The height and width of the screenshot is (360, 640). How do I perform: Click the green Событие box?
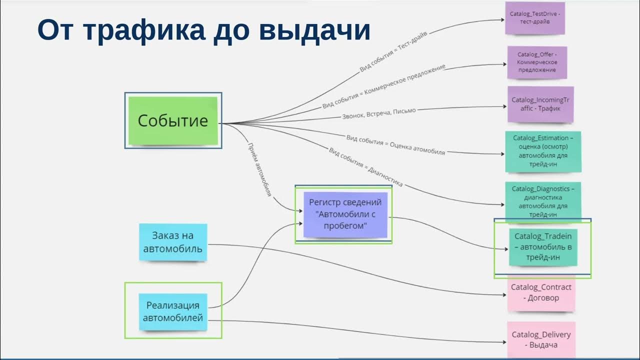(173, 121)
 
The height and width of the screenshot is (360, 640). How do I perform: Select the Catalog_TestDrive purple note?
(535, 18)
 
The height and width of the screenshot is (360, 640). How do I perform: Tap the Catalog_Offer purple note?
(537, 62)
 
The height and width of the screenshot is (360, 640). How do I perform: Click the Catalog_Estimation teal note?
(543, 151)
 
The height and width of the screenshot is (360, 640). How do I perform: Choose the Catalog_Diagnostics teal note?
(543, 201)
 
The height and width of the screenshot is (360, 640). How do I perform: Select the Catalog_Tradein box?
(543, 247)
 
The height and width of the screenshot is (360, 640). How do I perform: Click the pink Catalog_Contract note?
(541, 293)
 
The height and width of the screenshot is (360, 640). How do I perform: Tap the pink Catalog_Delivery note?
(541, 339)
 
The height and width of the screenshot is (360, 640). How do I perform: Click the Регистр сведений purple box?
(345, 214)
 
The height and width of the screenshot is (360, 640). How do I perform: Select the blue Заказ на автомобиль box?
(173, 242)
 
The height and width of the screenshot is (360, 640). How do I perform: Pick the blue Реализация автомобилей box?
(173, 311)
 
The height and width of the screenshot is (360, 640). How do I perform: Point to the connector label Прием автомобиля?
(260, 169)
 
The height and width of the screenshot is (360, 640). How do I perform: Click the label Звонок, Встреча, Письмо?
(378, 113)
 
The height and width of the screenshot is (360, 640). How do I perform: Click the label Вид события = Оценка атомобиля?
(395, 144)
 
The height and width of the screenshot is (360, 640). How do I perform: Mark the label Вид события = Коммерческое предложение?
(383, 86)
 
